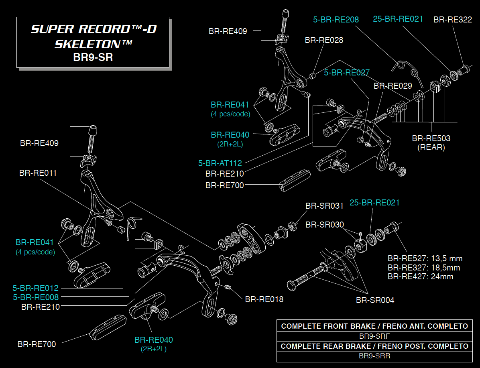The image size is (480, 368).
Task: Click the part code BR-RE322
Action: pyautogui.click(x=453, y=20)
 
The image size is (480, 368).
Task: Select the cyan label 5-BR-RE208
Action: pyautogui.click(x=336, y=19)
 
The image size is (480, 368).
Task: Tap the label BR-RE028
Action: pyautogui.click(x=324, y=40)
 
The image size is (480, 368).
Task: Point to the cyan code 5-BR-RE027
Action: pyautogui.click(x=347, y=73)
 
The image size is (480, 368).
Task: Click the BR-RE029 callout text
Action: pyautogui.click(x=393, y=86)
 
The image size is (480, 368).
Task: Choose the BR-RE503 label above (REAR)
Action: pyautogui.click(x=431, y=138)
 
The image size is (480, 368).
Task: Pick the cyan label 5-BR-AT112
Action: pyautogui.click(x=220, y=163)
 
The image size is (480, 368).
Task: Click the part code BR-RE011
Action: pyautogui.click(x=38, y=173)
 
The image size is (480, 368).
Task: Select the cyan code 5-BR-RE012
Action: pyautogui.click(x=36, y=288)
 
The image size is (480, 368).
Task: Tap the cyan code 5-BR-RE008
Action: pyautogui.click(x=36, y=297)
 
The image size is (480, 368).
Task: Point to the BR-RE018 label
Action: pyautogui.click(x=264, y=299)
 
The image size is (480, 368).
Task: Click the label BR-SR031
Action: pyautogui.click(x=324, y=206)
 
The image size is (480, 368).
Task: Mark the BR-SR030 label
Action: pyautogui.click(x=325, y=225)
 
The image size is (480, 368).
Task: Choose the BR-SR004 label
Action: pyautogui.click(x=375, y=300)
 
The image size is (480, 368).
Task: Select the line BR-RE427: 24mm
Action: pyautogui.click(x=420, y=277)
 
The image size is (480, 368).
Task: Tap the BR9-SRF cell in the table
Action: pyautogui.click(x=374, y=336)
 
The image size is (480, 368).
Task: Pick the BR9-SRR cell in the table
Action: pyautogui.click(x=374, y=356)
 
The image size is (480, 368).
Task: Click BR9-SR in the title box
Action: pyautogui.click(x=93, y=57)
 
